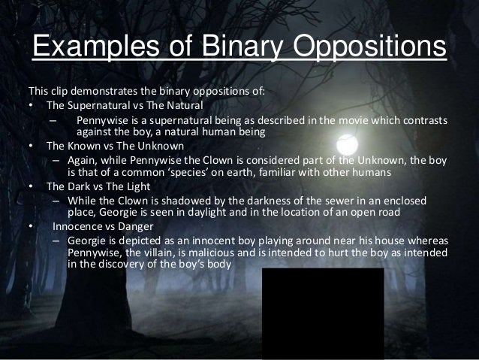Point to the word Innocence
pos(77,227)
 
